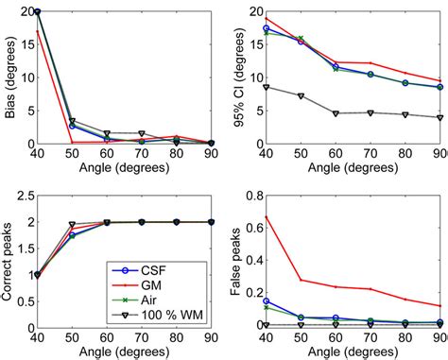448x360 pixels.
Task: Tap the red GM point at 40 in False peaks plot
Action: coord(266,216)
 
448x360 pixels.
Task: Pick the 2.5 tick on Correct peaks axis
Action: coord(25,197)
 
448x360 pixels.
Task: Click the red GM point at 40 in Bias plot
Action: coord(37,31)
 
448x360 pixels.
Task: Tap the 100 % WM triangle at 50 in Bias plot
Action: coord(72,121)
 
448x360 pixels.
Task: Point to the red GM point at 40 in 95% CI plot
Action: coord(266,18)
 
